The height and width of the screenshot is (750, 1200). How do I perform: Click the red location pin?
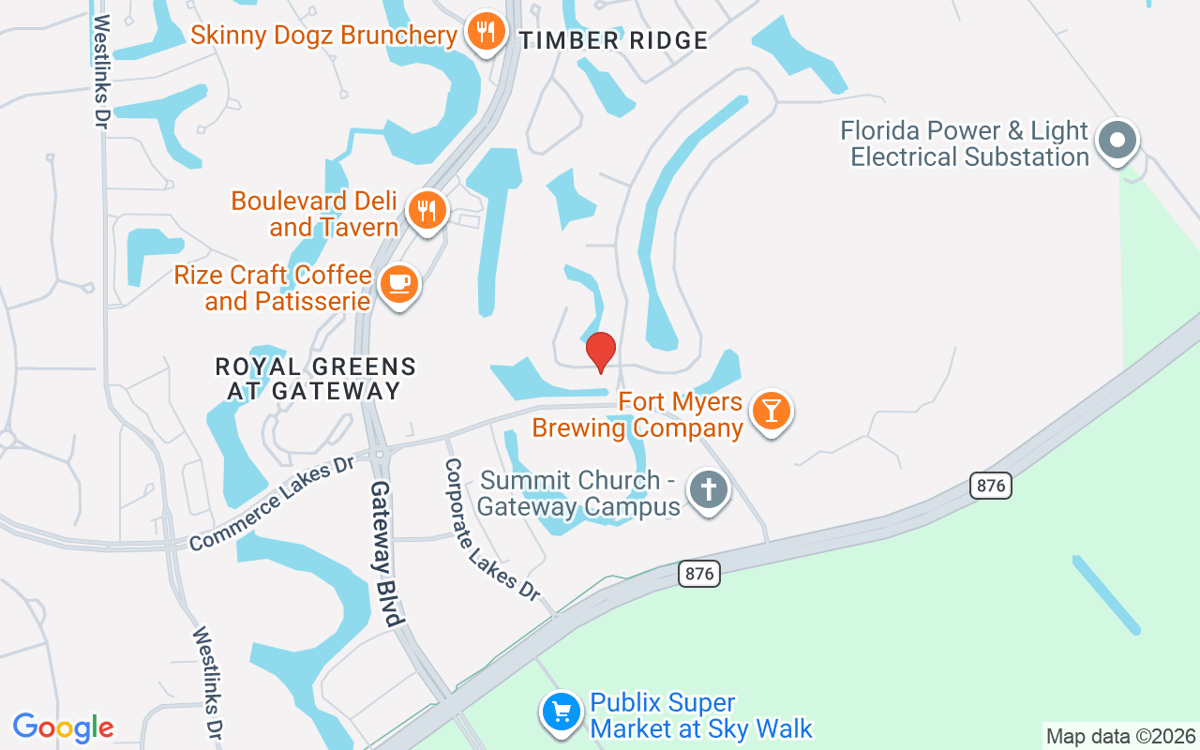tap(601, 352)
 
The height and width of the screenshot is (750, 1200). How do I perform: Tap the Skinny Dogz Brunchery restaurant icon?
tap(485, 33)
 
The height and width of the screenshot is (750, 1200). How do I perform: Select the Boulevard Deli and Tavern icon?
tap(427, 210)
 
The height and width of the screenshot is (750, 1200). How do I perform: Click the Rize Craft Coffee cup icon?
tap(399, 284)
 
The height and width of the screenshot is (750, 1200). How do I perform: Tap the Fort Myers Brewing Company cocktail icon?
tap(772, 411)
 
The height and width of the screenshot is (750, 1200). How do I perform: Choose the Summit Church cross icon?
tap(709, 490)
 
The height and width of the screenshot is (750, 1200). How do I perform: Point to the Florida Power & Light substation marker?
tap(1117, 142)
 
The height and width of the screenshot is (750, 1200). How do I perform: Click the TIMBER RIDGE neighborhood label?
tap(613, 40)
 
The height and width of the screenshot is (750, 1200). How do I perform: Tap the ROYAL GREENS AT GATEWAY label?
tap(315, 379)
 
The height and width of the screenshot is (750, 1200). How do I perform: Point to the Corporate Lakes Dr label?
tap(492, 530)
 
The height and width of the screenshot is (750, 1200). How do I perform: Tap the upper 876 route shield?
tap(991, 486)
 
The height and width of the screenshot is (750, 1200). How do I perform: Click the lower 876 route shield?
tap(699, 574)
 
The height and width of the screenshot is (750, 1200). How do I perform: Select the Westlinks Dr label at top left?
tap(101, 70)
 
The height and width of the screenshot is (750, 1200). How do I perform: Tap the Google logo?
tap(64, 727)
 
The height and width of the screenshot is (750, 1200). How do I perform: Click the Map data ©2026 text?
tap(1121, 736)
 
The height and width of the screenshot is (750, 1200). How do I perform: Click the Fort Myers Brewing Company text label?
tap(637, 415)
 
